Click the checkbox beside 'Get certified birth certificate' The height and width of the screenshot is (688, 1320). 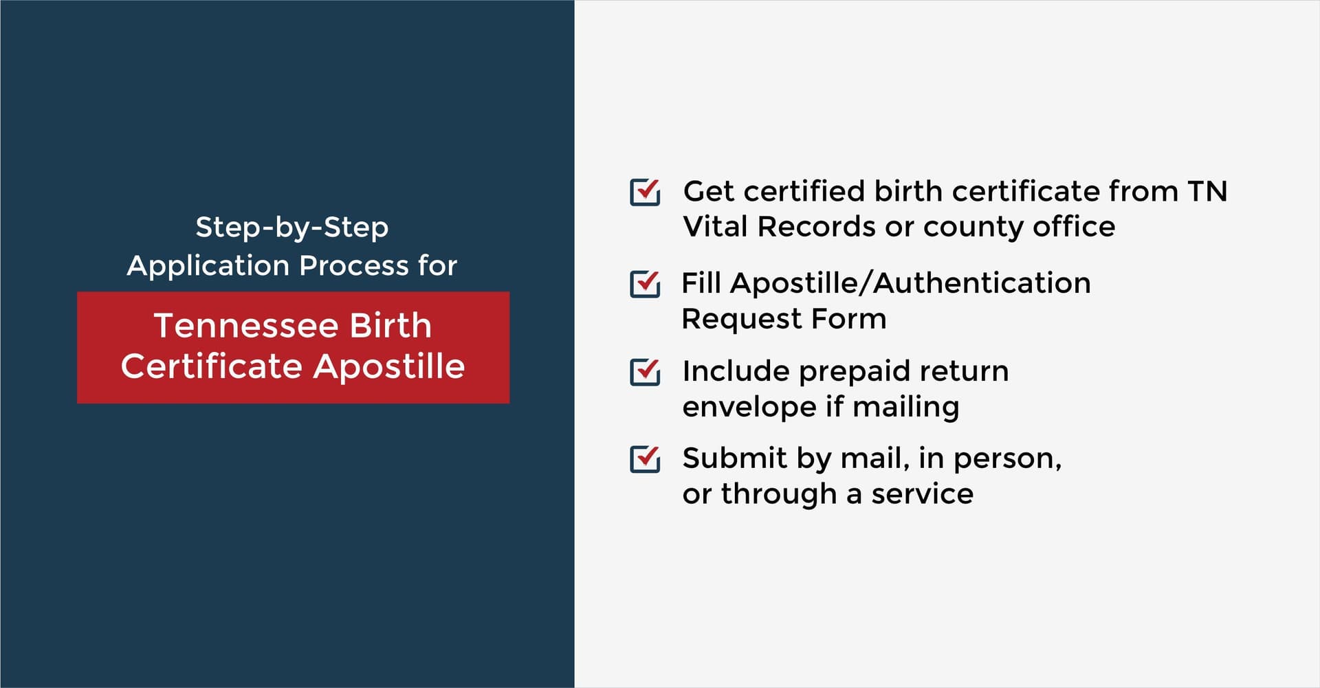[x=645, y=192]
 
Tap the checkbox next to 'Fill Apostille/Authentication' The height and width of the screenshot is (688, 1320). [x=645, y=284]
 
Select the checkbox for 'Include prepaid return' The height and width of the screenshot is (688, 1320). [x=645, y=372]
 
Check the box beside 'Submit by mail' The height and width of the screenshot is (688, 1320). [x=645, y=459]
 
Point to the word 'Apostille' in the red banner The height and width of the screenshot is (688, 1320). [x=389, y=366]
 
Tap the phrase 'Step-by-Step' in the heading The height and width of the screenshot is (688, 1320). [x=292, y=228]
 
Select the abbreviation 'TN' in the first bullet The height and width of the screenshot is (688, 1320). [x=1207, y=191]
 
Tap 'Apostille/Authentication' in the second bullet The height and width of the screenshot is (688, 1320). [x=910, y=283]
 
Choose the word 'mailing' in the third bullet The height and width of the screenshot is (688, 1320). [x=905, y=408]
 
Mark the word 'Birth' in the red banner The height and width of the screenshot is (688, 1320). [x=390, y=325]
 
